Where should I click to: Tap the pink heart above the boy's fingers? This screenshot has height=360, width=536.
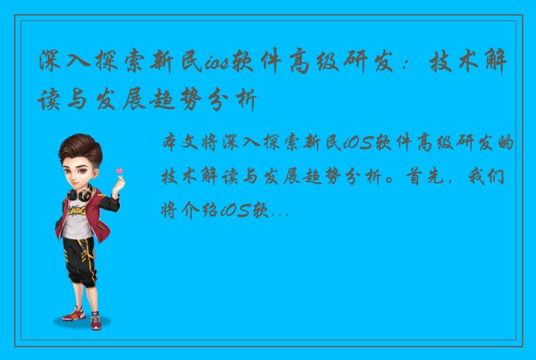119,171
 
